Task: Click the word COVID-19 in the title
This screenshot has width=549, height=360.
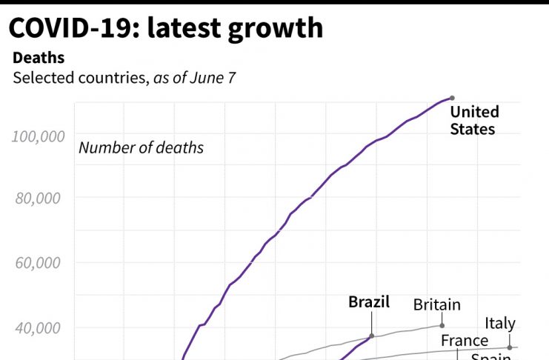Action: [73, 28]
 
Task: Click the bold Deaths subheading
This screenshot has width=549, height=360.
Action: [39, 58]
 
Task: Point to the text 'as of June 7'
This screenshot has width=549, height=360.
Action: [194, 77]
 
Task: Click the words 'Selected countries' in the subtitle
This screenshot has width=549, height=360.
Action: [80, 77]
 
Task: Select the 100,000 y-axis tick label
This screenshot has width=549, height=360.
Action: [36, 136]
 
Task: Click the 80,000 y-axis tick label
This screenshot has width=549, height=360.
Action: [39, 199]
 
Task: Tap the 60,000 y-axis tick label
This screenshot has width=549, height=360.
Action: [39, 263]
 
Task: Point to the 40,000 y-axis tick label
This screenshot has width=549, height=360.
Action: [39, 327]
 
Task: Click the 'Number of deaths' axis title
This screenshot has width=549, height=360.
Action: [141, 147]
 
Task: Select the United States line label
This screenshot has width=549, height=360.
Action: [474, 121]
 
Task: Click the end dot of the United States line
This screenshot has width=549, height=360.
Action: [452, 98]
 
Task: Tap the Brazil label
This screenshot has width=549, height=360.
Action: [369, 303]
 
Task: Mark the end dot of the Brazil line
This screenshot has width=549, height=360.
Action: [372, 336]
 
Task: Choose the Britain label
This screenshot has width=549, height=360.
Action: [436, 304]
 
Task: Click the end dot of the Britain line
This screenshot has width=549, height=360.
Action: [442, 325]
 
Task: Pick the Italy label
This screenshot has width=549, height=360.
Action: [500, 324]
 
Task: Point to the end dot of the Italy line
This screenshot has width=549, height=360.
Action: [510, 347]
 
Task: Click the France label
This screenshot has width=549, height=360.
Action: [465, 341]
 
